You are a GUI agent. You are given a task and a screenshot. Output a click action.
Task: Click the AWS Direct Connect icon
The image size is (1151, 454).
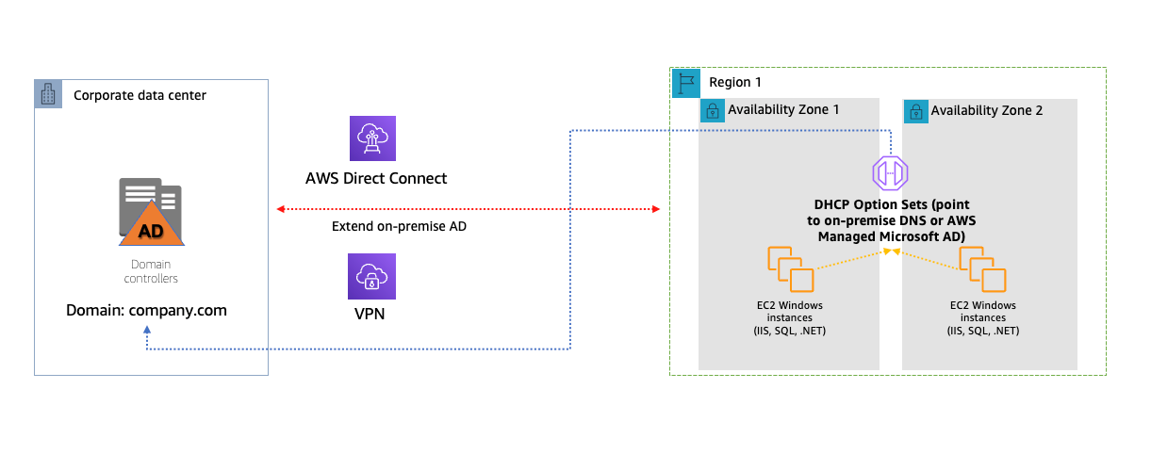(x=373, y=138)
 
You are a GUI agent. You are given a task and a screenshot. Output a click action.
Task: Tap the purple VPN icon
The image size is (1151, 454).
(x=372, y=277)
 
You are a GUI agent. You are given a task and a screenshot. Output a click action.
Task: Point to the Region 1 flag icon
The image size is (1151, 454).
(x=685, y=82)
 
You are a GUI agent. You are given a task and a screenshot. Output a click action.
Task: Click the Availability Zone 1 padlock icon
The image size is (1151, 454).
(x=712, y=111)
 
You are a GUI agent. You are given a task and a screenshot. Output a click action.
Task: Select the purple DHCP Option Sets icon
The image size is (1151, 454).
(x=890, y=173)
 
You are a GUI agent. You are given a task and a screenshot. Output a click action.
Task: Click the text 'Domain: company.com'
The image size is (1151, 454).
(x=146, y=309)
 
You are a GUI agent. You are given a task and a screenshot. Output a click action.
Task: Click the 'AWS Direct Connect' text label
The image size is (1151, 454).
(x=376, y=178)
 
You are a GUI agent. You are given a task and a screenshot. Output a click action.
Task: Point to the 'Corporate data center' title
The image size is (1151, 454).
(x=140, y=95)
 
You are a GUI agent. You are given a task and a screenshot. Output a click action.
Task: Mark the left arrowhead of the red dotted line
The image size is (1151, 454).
(x=278, y=208)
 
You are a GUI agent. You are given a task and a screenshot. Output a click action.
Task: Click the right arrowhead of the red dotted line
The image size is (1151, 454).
(x=655, y=208)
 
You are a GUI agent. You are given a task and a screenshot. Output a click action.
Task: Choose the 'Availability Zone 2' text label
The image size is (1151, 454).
(x=987, y=111)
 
